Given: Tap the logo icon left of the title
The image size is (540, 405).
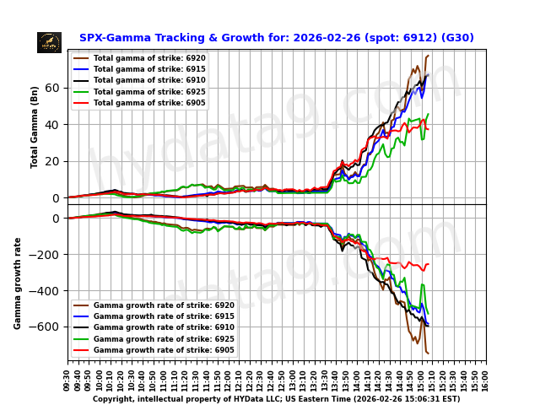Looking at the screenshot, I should click(49, 42).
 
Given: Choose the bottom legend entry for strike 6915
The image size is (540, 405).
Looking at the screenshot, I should click(164, 316).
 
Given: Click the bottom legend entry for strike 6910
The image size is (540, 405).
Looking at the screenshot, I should click(164, 327).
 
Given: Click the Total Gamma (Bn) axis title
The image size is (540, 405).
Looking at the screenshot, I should click(35, 127).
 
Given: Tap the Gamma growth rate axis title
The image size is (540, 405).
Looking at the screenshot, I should click(18, 283).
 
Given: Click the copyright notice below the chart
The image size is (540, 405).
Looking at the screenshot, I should click(276, 399).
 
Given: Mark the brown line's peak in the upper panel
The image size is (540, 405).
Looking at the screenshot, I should click(428, 56).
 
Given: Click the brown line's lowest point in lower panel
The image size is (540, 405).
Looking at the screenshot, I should click(428, 353).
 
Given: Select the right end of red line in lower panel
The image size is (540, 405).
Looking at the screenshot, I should click(428, 264).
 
